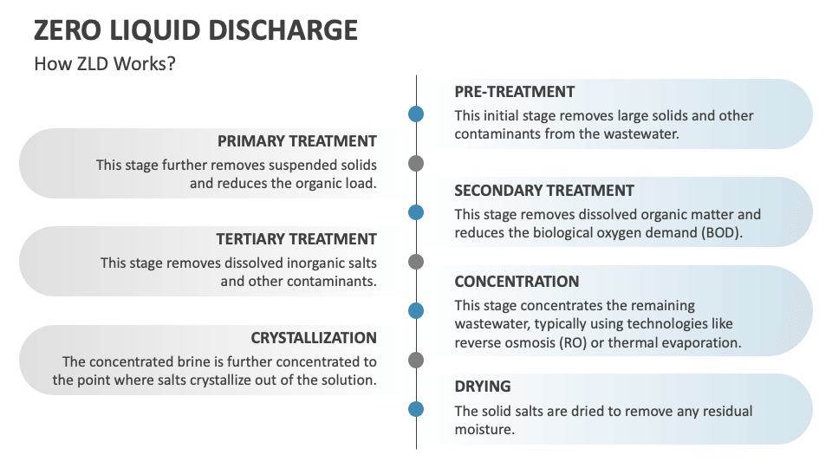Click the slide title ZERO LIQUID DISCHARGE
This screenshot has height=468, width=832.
(195, 30)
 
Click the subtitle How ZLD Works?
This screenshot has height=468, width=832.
(104, 64)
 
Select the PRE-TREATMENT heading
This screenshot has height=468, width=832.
(514, 92)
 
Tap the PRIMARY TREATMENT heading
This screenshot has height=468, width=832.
(296, 141)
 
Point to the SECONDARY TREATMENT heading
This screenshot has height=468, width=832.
(543, 191)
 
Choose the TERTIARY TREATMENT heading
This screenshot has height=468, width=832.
(296, 239)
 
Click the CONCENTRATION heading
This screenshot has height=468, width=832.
(517, 282)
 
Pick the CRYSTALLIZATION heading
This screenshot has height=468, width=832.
(314, 338)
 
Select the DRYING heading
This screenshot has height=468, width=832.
(483, 387)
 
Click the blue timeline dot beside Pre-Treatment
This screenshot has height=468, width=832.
(416, 114)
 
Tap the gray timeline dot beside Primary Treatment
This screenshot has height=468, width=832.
(416, 163)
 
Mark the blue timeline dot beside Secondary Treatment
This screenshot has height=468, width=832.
(416, 212)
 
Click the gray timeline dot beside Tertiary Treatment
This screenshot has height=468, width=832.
(416, 262)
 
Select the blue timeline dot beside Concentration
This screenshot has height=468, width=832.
(416, 310)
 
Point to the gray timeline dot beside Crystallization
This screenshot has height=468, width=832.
(416, 360)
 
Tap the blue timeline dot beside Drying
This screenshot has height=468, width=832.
(416, 409)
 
